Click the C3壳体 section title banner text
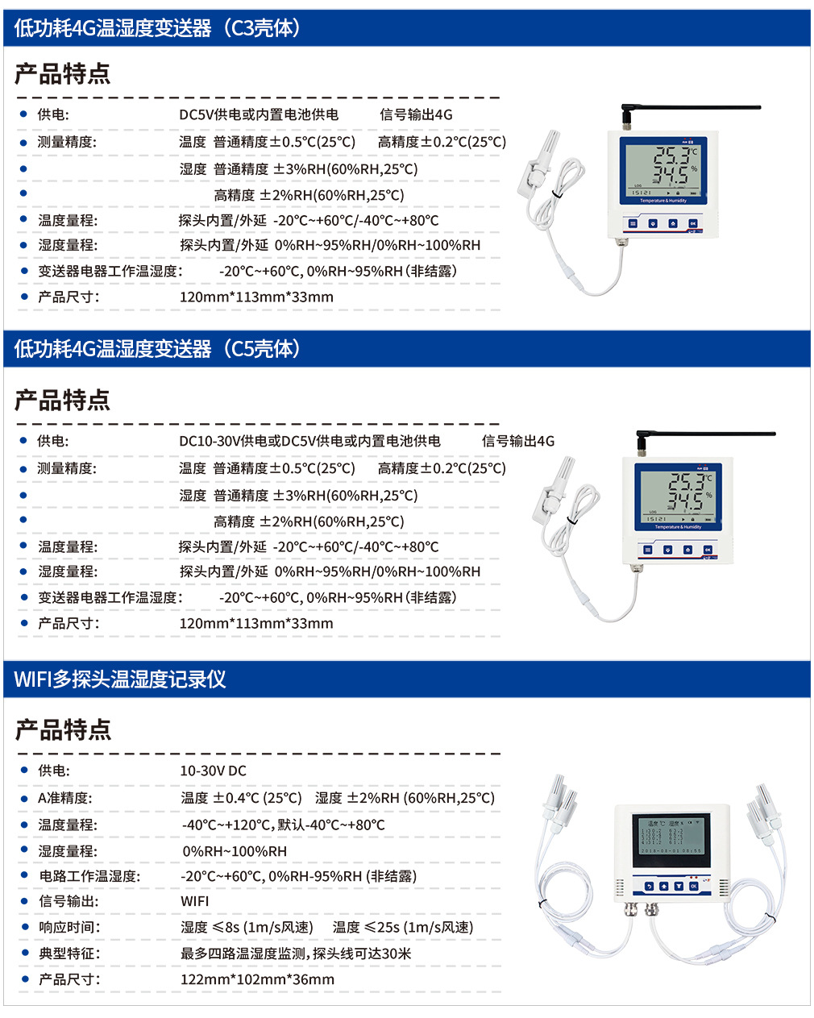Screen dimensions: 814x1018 [157, 28]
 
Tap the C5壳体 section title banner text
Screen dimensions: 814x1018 [157, 349]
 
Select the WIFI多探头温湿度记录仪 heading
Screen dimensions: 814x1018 [120, 679]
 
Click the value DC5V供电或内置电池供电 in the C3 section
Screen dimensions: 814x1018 [259, 114]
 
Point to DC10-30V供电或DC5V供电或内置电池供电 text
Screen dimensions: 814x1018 [309, 441]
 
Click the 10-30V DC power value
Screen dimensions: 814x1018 [214, 771]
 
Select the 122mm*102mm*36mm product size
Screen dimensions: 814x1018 [257, 979]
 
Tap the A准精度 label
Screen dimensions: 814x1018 [65, 798]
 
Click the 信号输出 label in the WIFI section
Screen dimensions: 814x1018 [69, 901]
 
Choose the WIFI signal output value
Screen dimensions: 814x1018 [194, 901]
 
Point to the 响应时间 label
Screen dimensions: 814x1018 [69, 927]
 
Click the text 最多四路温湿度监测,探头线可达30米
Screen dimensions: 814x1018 [296, 954]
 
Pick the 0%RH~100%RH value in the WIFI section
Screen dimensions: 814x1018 [235, 851]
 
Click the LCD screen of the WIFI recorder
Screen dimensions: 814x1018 [671, 841]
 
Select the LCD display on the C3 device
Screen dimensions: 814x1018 [663, 171]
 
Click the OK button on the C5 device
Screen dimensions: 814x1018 [708, 550]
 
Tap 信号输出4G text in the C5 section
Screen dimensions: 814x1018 [518, 441]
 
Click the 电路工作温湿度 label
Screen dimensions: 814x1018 [90, 876]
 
